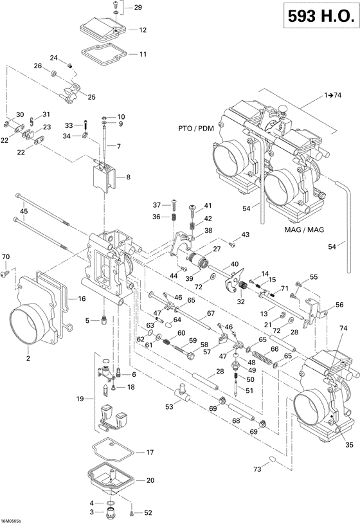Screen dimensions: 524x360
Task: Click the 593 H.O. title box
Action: (319, 19)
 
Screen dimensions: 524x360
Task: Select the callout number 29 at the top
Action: (138, 7)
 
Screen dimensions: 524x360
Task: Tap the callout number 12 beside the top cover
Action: (142, 30)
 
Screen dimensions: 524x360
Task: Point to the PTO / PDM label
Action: (196, 129)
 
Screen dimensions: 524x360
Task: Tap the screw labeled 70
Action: (6, 273)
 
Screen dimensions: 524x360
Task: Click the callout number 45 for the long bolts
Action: (24, 211)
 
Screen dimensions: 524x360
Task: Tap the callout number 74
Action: (343, 328)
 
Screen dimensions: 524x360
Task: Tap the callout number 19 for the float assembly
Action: (80, 399)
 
